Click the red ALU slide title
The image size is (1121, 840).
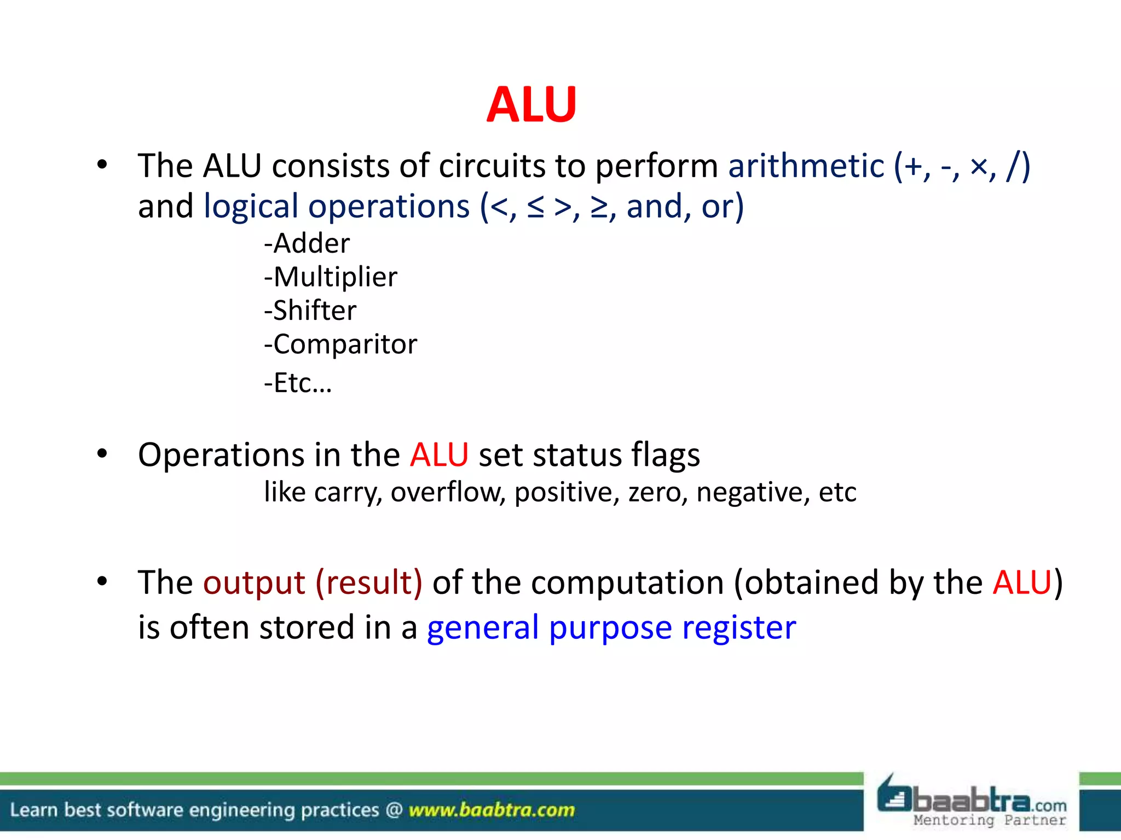531,104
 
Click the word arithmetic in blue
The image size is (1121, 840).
806,166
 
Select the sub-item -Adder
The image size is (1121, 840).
307,243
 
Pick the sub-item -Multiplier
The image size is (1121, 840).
330,277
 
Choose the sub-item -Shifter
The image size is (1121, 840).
310,311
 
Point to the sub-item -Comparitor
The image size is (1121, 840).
340,345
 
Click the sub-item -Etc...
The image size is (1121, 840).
297,383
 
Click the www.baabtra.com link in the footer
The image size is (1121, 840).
492,810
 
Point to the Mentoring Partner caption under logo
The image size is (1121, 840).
990,820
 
